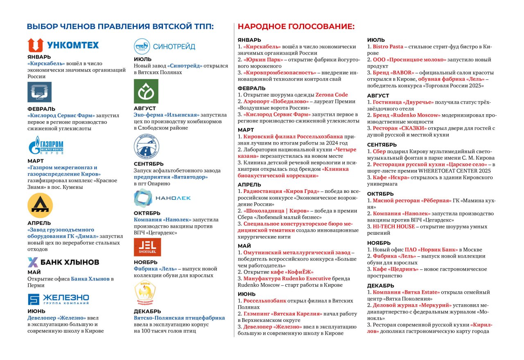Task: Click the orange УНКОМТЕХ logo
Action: click(63, 45)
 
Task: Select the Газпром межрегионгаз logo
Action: click(46, 145)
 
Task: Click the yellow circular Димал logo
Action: click(40, 205)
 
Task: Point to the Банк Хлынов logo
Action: click(63, 262)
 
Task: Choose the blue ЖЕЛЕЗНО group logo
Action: click(58, 299)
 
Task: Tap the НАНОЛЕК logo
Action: click(162, 198)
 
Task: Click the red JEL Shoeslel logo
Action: click(147, 247)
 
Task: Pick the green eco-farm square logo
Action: click(146, 91)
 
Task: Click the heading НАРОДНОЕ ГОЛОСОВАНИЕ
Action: click(296, 27)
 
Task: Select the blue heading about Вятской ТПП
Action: click(120, 27)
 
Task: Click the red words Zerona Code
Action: click(332, 95)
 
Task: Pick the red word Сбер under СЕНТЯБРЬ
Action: click(379, 152)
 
